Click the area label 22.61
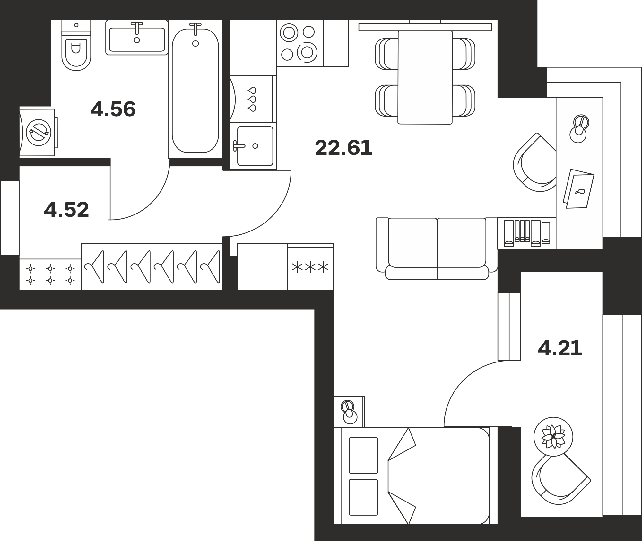343,148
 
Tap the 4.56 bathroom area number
113,109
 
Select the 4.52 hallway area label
66,210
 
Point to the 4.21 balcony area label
560,348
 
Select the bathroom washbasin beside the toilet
137,38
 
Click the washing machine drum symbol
39,132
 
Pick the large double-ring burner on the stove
307,52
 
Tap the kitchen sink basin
255,146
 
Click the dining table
425,77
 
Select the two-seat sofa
437,249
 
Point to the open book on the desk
578,189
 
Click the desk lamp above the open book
579,129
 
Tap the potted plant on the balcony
553,437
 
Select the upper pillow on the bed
363,455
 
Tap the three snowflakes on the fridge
310,267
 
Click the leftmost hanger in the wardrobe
94,267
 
